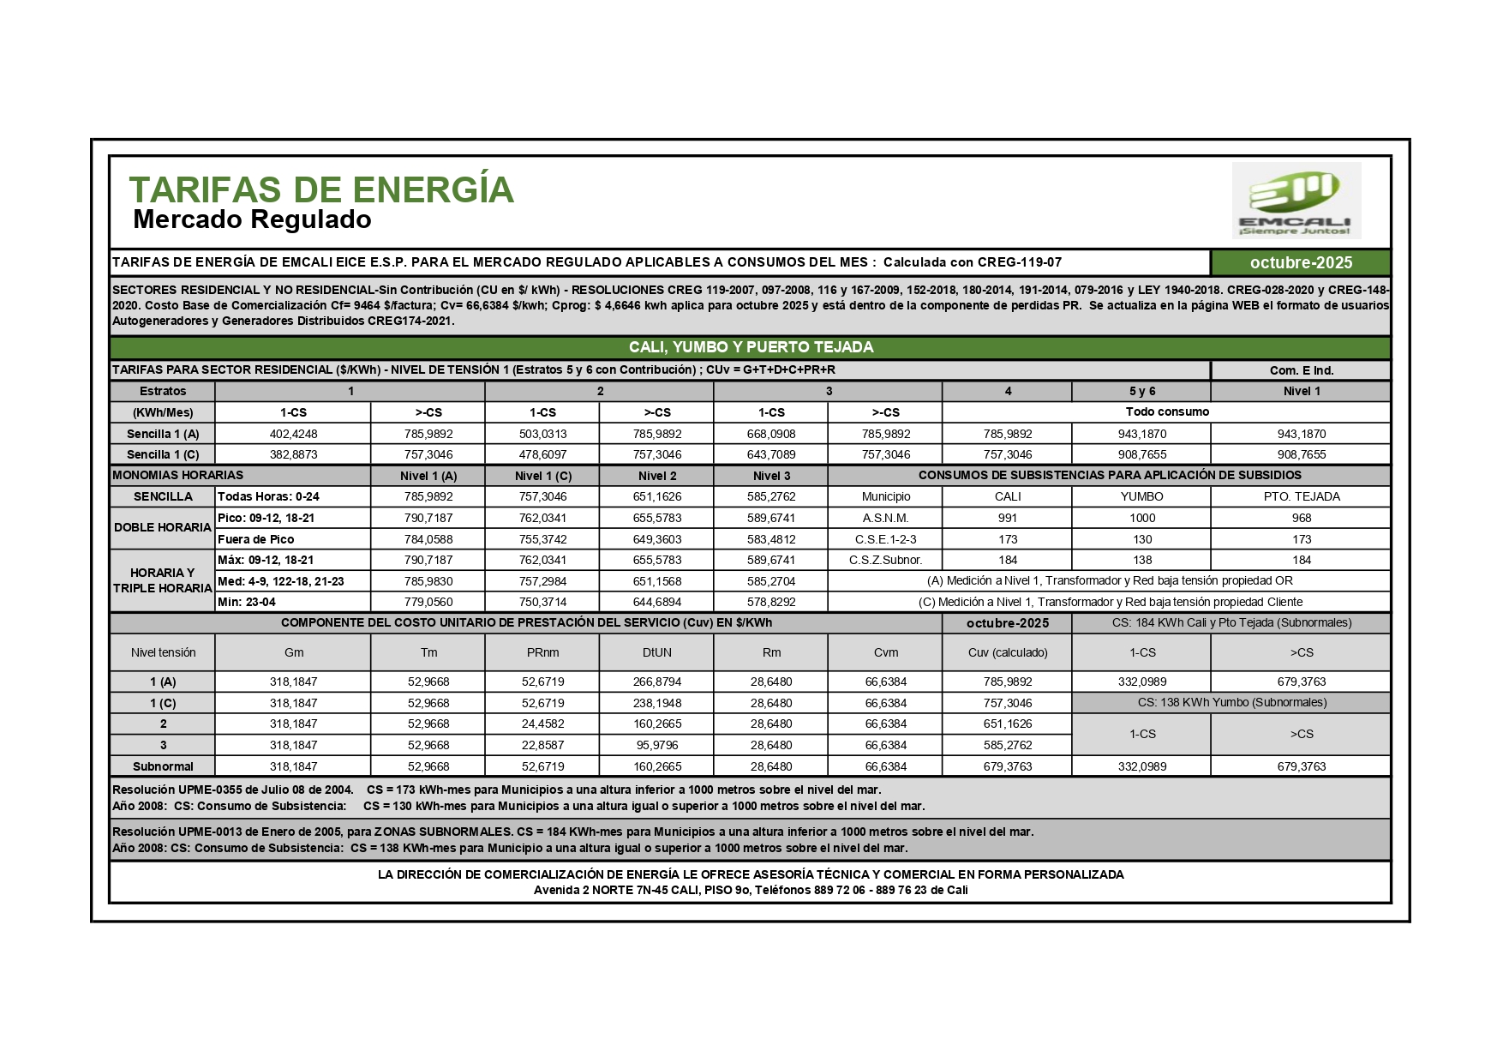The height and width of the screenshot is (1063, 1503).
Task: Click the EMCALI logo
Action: [x=1296, y=201]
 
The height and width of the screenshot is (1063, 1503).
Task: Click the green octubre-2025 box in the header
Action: [x=1300, y=262]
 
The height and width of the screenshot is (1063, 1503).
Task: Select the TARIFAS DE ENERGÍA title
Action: [x=321, y=189]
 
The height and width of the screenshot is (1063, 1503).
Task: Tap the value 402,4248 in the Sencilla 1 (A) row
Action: [x=293, y=434]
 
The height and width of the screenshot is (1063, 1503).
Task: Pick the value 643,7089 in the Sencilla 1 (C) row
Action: [x=770, y=454]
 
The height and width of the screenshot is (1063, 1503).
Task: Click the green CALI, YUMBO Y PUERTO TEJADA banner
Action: [x=750, y=347]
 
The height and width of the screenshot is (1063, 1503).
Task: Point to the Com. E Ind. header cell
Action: [x=1300, y=370]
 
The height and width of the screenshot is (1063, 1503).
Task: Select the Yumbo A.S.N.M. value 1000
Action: [x=1141, y=518]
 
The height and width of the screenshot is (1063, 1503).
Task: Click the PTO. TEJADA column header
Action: [x=1301, y=496]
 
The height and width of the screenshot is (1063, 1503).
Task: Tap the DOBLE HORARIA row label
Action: [x=162, y=527]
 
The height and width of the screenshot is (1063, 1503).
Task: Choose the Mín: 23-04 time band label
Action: [x=247, y=602]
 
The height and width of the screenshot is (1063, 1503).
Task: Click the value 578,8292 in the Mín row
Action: [x=770, y=602]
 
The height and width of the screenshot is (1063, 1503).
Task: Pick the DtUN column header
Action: [x=656, y=652]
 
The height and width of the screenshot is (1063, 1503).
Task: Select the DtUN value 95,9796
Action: [x=656, y=745]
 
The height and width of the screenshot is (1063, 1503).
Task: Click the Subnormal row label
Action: [x=163, y=766]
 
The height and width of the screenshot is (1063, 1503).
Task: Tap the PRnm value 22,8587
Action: [x=542, y=745]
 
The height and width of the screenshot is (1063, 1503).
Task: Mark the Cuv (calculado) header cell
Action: [x=1007, y=652]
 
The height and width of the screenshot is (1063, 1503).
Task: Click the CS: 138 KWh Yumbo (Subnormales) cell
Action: [x=1231, y=702]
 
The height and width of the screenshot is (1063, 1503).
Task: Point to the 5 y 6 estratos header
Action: [x=1141, y=391]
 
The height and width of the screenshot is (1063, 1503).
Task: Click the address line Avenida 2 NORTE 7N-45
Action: [x=750, y=890]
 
